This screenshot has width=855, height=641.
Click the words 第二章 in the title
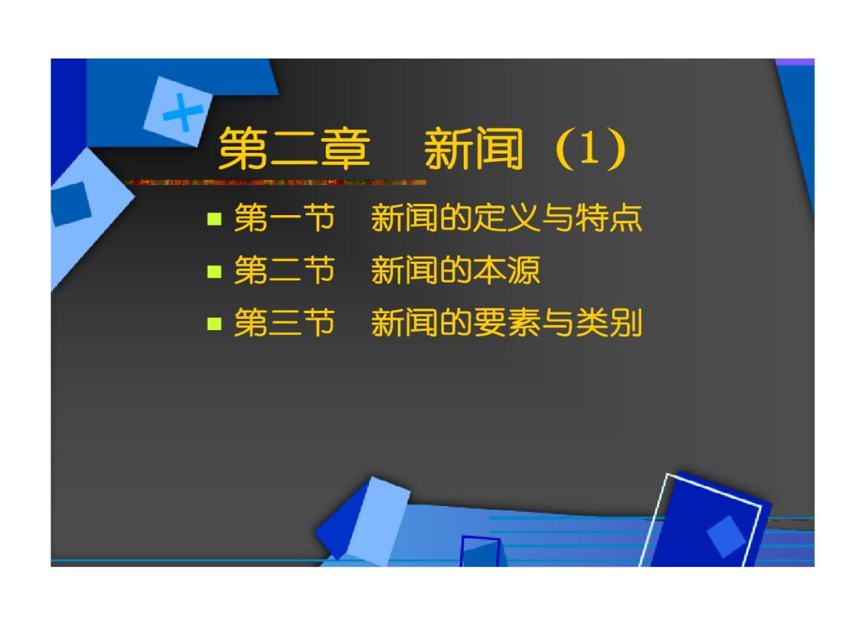click(x=294, y=150)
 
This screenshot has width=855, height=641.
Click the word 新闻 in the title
click(x=474, y=150)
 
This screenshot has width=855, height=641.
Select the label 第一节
click(x=284, y=219)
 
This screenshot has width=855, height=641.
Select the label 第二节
click(x=284, y=271)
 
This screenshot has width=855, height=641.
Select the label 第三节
click(x=284, y=323)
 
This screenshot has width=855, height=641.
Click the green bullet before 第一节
click(x=215, y=219)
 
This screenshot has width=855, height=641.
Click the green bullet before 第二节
click(x=215, y=271)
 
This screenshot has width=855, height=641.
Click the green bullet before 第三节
click(x=215, y=323)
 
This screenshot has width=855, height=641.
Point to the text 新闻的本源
click(x=455, y=271)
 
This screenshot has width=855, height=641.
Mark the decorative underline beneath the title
click(x=275, y=182)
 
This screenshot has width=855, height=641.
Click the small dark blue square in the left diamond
click(x=71, y=204)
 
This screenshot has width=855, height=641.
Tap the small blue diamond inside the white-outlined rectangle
click(x=726, y=536)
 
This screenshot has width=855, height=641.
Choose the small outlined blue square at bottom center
click(x=479, y=551)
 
